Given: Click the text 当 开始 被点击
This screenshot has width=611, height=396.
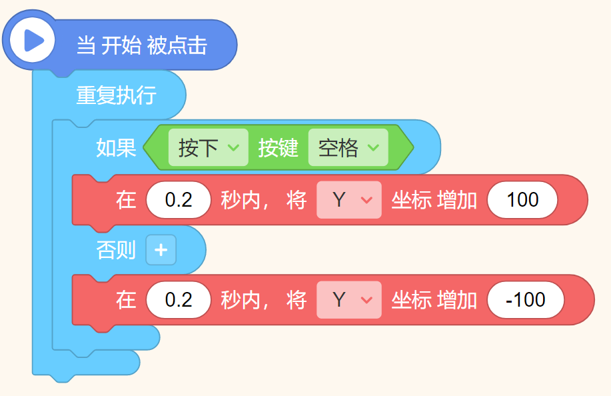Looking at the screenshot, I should click(141, 45).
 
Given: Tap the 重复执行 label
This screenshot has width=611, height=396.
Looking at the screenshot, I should click(116, 95).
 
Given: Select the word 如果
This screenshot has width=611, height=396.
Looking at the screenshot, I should click(116, 147).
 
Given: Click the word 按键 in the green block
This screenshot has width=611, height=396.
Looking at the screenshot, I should click(278, 147).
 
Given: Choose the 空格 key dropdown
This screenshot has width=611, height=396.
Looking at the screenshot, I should click(347, 147).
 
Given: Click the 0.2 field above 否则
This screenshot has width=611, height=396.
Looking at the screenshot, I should click(178, 200).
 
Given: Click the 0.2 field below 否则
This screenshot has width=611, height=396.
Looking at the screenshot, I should click(178, 300).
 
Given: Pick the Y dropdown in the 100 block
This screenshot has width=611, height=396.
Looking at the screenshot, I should click(348, 200).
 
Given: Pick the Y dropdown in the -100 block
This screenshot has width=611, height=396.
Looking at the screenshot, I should click(348, 300).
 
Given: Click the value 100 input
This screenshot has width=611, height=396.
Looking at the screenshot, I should click(522, 200).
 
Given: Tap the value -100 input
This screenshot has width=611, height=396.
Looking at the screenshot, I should click(526, 300).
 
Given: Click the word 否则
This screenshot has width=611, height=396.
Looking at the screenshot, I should click(116, 251).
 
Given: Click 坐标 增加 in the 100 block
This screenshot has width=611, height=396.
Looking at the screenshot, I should click(434, 200).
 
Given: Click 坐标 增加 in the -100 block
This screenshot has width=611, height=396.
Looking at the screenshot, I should click(434, 300).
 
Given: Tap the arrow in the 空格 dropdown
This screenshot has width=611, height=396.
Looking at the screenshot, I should click(374, 147).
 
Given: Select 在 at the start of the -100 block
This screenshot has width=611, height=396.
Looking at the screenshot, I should click(126, 300).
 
